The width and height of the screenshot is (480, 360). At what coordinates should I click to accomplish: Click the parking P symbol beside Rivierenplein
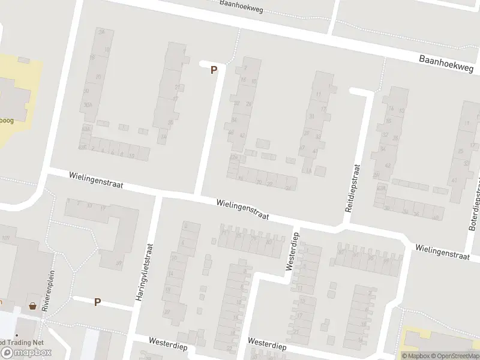97,302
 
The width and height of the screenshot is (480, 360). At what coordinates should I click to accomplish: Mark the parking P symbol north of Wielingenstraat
214,70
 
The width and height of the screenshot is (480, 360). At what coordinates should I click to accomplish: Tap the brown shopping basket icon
32,306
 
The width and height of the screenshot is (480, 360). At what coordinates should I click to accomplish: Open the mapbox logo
26,352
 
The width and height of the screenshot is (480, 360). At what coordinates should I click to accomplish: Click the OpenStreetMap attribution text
457,356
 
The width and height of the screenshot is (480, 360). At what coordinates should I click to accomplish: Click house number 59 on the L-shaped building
119,263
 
